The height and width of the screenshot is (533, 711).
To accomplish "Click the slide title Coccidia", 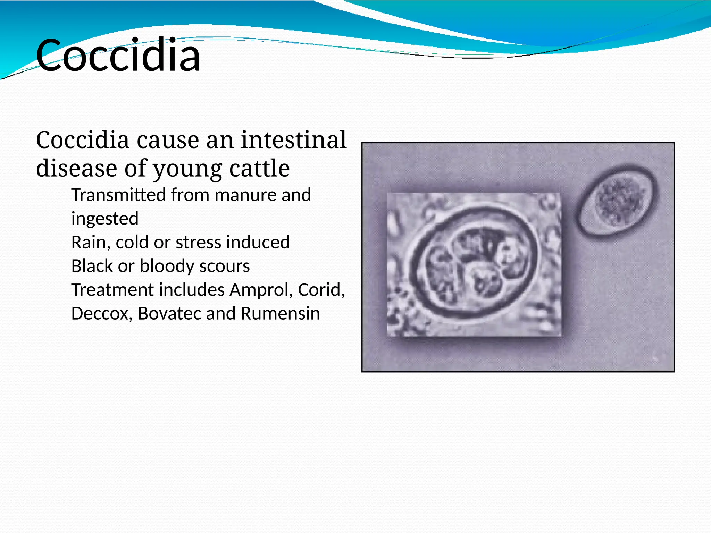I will point(118,56).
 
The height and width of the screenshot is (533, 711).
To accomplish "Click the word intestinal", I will point(294,140).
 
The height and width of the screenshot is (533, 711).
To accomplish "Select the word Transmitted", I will point(118,195).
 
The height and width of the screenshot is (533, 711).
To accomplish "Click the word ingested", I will point(105,219).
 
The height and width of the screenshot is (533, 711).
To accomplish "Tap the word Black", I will point(92,266).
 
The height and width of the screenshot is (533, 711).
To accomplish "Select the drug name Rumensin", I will point(280,313).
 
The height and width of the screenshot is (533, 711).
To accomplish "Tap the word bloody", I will point(167,266).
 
